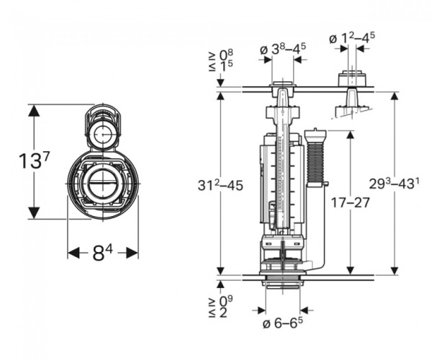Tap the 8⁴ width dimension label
tap(102, 253)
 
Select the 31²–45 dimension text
tap(220, 185)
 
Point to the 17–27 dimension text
tap(350, 203)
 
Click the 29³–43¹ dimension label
tap(395, 184)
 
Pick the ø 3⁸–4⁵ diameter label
tap(283, 49)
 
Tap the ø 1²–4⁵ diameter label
tap(352, 38)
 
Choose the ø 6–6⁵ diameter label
tap(283, 323)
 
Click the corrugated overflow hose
tap(315, 162)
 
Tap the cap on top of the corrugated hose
tap(315, 135)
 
